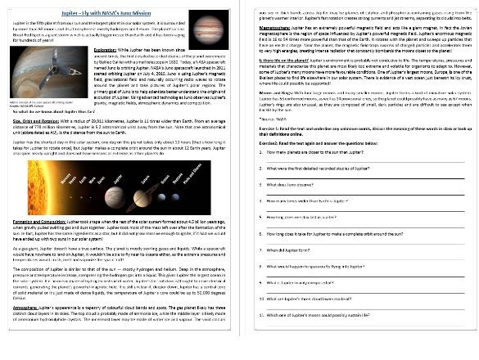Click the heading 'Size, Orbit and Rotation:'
[x=36, y=166]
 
